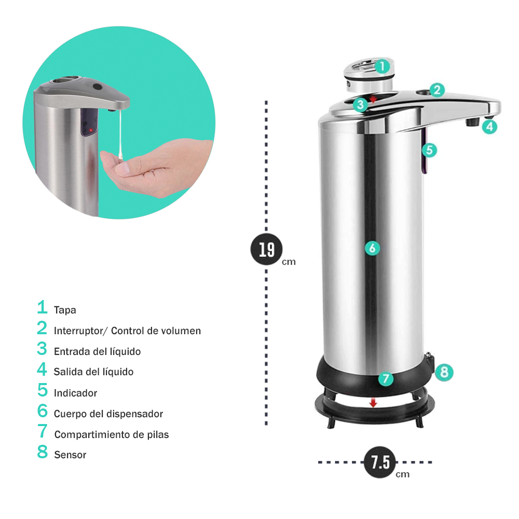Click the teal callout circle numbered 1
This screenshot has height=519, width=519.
(x=383, y=66)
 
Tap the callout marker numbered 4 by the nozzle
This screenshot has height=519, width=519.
(x=489, y=127)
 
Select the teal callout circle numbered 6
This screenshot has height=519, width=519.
(x=372, y=248)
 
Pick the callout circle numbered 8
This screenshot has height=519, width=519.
(x=444, y=372)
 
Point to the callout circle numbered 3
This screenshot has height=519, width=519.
(x=361, y=105)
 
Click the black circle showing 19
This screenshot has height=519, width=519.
(x=266, y=249)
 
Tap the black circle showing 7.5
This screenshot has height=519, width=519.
(x=380, y=462)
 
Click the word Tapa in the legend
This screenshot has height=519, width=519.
(x=65, y=310)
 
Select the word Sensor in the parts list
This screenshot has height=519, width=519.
(x=70, y=455)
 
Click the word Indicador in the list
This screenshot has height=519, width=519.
(x=75, y=393)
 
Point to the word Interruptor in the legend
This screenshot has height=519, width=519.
(x=79, y=331)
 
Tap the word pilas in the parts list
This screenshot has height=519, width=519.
(x=158, y=434)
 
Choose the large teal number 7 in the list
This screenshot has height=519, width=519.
(x=43, y=431)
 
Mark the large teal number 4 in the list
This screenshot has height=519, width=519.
(x=42, y=368)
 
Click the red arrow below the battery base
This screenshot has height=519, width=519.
(x=373, y=403)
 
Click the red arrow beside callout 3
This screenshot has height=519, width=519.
(x=373, y=99)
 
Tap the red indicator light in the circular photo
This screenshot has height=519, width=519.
(x=91, y=130)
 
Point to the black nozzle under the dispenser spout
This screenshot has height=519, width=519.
(x=473, y=122)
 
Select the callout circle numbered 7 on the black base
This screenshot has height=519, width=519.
(x=386, y=379)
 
